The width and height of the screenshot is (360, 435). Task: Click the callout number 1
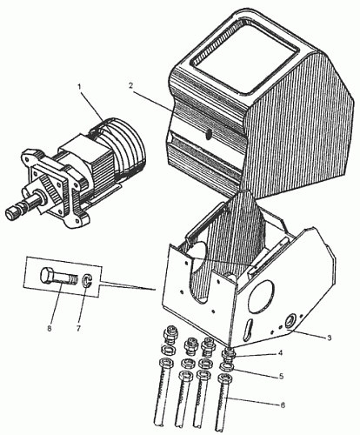pyautogui.click(x=81, y=87)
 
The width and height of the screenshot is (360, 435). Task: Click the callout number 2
pyautogui.click(x=131, y=86)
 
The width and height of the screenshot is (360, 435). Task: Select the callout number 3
pyautogui.click(x=329, y=338)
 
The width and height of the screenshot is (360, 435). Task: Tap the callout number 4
pyautogui.click(x=280, y=353)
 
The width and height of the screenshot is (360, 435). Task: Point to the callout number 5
pyautogui.click(x=281, y=376)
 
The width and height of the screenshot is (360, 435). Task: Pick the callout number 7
pyautogui.click(x=78, y=329)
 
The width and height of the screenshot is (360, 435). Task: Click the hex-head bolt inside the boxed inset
pyautogui.click(x=59, y=277)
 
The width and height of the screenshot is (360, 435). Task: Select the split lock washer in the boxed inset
pyautogui.click(x=87, y=281)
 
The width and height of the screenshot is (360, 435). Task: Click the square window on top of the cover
pyautogui.click(x=245, y=58)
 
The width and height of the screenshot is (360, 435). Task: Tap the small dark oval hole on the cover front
pyautogui.click(x=208, y=135)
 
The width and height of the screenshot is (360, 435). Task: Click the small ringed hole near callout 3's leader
pyautogui.click(x=290, y=321)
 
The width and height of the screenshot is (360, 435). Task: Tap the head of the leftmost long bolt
pyautogui.click(x=165, y=363)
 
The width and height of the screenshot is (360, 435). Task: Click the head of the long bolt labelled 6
pyautogui.click(x=226, y=378)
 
